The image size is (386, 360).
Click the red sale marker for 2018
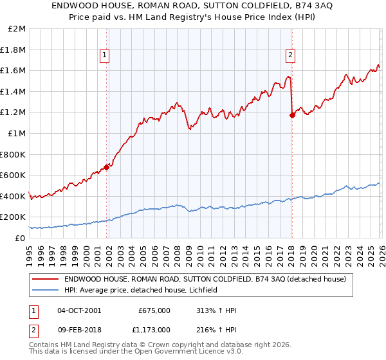(292, 115)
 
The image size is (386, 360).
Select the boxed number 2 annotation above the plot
(291, 56)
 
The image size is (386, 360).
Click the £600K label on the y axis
(14, 175)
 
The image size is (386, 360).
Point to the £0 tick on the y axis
(21, 238)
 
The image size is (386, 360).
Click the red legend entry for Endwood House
(205, 279)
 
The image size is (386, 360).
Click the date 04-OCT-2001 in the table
(79, 310)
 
